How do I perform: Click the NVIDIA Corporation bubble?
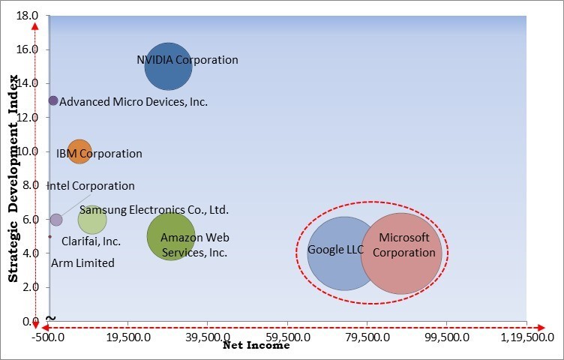pyautogui.click(x=168, y=67)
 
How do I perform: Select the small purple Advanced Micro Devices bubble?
pyautogui.click(x=53, y=100)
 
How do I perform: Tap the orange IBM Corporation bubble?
pyautogui.click(x=79, y=151)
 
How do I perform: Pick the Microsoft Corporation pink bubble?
pyautogui.click(x=401, y=253)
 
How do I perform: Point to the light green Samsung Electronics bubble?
pyautogui.click(x=92, y=220)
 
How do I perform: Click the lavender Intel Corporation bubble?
pyautogui.click(x=56, y=220)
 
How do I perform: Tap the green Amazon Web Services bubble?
pyautogui.click(x=171, y=236)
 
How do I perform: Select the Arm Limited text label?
pyautogui.click(x=82, y=263)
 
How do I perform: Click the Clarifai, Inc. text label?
pyautogui.click(x=91, y=241)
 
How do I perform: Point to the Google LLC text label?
pyautogui.click(x=335, y=249)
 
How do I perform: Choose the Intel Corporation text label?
pyautogui.click(x=91, y=186)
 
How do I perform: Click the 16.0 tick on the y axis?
pyautogui.click(x=27, y=49)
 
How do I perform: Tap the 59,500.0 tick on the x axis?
pyautogui.click(x=287, y=337)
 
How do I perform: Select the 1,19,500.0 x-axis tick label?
pyautogui.click(x=527, y=337)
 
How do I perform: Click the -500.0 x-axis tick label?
pyautogui.click(x=48, y=337)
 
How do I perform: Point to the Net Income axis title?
pyautogui.click(x=256, y=346)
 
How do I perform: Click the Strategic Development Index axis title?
pyautogui.click(x=13, y=178)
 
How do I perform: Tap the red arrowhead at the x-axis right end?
pyautogui.click(x=541, y=328)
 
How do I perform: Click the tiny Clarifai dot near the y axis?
pyautogui.click(x=50, y=237)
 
